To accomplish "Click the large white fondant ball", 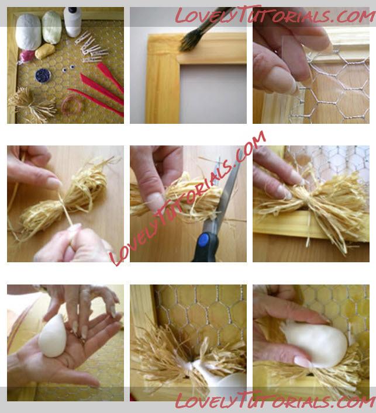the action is [x=28, y=32].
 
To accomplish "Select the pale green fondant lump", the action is [x=52, y=27].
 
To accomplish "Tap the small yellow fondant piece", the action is [x=45, y=51].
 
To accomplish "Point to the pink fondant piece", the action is [x=26, y=56].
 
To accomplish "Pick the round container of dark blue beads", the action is [x=43, y=75].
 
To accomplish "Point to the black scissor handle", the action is [x=206, y=249].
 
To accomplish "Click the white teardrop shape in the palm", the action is [x=53, y=336].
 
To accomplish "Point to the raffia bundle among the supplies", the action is [x=32, y=105].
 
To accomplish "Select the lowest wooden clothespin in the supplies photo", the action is [x=93, y=60].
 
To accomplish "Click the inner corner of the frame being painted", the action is [x=180, y=64].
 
